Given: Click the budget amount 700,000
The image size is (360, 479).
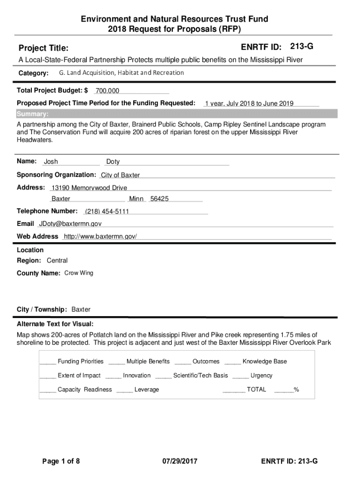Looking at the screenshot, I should (107, 91).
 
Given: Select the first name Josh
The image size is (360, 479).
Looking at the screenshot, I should (51, 162).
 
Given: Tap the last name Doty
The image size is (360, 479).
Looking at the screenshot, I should (113, 162).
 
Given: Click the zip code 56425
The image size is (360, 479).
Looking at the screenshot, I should (159, 199).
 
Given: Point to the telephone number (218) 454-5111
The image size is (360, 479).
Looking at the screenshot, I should (107, 211).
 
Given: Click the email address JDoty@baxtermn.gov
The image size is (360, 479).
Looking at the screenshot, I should (70, 224).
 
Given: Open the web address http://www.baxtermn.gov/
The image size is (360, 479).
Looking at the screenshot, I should (100, 237).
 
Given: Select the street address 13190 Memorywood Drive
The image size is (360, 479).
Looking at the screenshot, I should (89, 188).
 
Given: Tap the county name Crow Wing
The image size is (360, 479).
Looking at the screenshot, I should (79, 273).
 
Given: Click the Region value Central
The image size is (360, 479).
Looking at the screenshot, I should (57, 261).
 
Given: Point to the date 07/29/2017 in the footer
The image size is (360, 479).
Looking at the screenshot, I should (180, 462).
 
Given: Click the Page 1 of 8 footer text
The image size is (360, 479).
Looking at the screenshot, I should (61, 462).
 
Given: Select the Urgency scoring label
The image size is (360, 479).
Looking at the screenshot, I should (261, 376).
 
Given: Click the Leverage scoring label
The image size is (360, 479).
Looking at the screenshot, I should (147, 390).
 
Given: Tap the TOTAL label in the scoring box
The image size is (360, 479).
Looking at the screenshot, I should (256, 389).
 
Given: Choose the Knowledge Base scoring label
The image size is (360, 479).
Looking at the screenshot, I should (265, 362).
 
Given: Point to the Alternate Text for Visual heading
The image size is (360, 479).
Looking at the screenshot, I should (55, 324).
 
